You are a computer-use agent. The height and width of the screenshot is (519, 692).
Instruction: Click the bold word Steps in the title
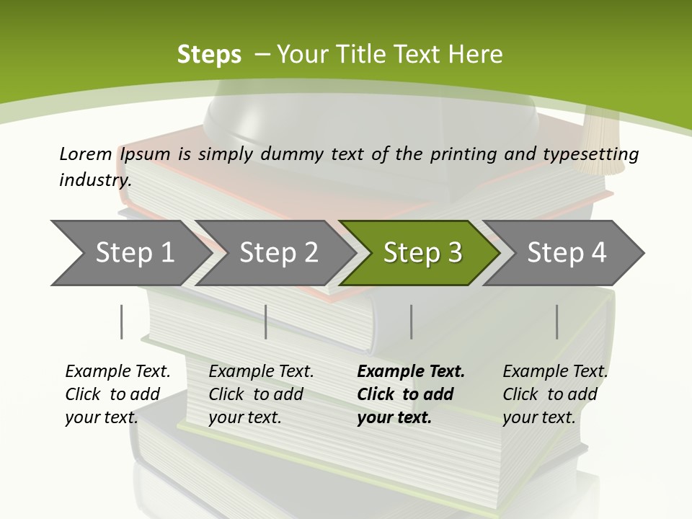coord(209,55)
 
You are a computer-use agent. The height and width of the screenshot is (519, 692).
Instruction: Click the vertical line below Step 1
coord(122,321)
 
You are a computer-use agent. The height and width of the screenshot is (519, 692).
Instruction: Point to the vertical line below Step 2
coord(266,321)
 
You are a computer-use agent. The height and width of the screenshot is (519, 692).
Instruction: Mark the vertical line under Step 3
coord(411,321)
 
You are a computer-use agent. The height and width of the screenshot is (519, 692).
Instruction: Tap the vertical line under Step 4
coord(556,321)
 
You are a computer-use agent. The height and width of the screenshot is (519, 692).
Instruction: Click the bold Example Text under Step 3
coord(411,372)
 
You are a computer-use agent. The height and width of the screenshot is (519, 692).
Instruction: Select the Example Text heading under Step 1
coord(117,372)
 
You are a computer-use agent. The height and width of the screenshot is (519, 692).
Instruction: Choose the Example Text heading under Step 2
coord(261,372)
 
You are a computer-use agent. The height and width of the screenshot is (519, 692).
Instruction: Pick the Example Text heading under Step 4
coord(555,372)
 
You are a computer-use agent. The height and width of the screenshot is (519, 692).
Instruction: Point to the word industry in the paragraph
coord(95,180)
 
